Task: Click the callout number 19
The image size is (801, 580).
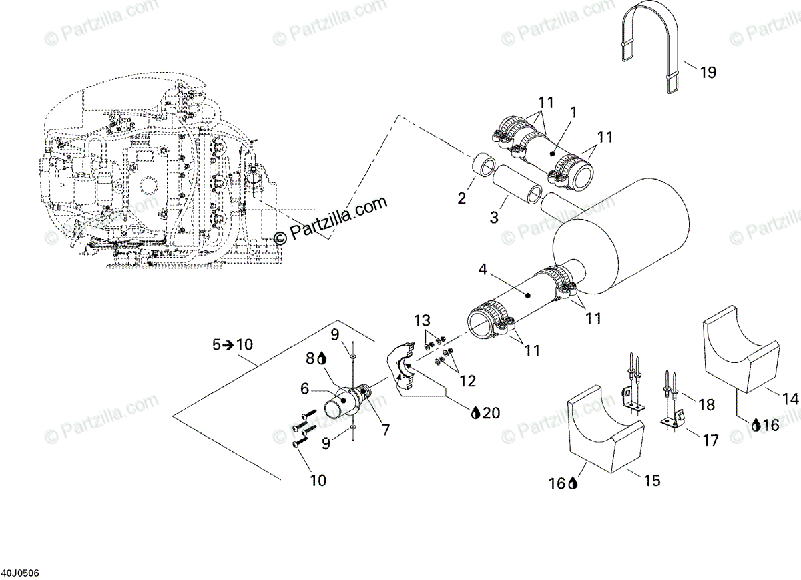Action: [708, 72]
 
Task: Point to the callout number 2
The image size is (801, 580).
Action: [461, 198]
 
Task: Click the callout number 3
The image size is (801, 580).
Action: [494, 217]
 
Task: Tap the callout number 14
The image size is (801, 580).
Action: [790, 399]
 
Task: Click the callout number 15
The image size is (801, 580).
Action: [651, 479]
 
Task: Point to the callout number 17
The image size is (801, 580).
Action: [710, 441]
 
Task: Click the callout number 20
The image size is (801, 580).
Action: [491, 413]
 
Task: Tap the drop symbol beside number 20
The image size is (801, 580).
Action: [475, 413]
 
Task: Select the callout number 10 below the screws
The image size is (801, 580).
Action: [318, 480]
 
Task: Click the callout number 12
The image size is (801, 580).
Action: [467, 381]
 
